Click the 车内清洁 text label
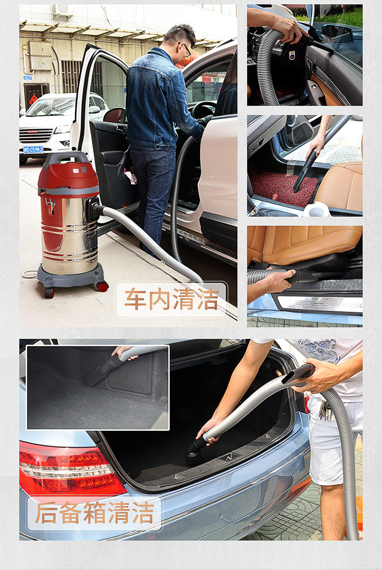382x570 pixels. coord(171,299)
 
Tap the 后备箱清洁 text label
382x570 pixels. coord(95,512)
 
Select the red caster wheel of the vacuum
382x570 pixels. coord(103,286)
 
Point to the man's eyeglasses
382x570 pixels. coord(186,48)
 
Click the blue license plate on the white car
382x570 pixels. coord(33,149)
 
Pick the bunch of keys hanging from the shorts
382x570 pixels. coord(324,411)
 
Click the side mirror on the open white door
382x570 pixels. coord(115,115)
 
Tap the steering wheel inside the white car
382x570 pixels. coord(202,111)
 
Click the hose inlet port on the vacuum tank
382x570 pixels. coord(94,209)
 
